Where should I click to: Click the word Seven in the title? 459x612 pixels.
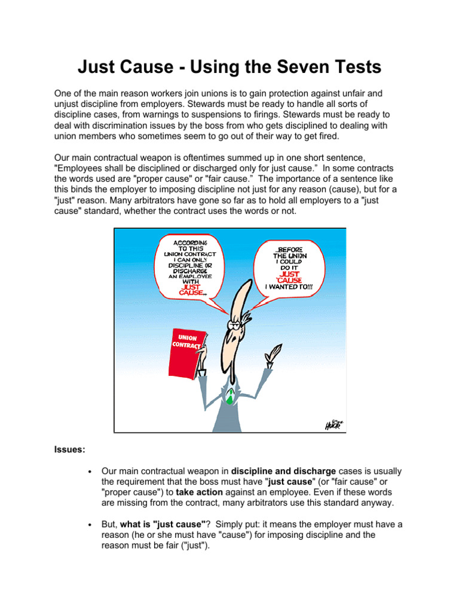click(x=292, y=68)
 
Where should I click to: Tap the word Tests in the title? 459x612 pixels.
click(x=353, y=68)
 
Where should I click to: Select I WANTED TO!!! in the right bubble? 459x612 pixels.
click(x=289, y=287)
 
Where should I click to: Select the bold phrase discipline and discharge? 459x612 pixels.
click(x=283, y=471)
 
